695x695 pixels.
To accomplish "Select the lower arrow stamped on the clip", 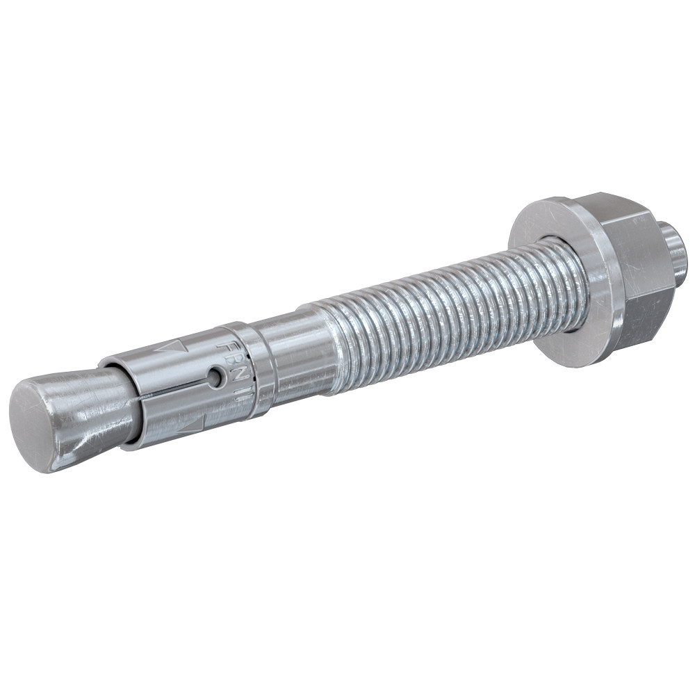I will pyautogui.click(x=191, y=426).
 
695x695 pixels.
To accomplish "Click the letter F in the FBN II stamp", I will pyautogui.click(x=224, y=345).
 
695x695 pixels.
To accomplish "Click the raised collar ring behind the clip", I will pyautogui.click(x=261, y=368).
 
